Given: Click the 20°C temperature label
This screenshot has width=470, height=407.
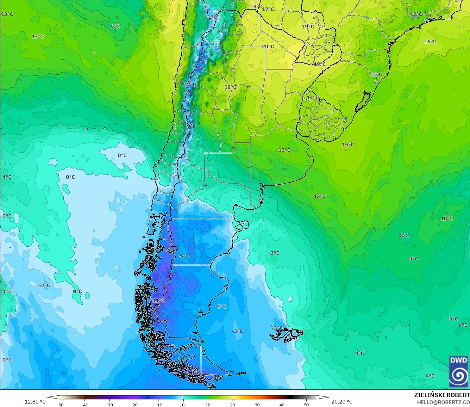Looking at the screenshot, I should (268, 46).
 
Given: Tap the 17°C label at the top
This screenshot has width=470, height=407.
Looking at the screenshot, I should (268, 9).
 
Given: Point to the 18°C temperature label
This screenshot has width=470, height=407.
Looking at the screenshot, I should (230, 87).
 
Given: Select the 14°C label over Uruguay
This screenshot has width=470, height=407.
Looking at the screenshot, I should (313, 97).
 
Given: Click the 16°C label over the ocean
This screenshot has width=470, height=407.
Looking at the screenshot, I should (430, 41).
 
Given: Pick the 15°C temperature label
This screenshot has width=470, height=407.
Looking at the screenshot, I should (348, 145).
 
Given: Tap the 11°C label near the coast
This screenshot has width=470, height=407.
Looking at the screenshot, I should (376, 74).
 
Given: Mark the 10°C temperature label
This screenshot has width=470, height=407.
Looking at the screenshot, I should (447, 219).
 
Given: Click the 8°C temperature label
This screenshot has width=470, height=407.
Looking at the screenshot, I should (404, 236).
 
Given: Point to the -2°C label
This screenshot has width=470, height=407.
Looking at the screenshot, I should (45, 285).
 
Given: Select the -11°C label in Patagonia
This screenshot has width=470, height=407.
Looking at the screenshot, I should (158, 300).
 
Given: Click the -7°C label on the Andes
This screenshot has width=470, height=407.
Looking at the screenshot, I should (191, 85).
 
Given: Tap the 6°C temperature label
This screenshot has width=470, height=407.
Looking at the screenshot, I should (463, 325).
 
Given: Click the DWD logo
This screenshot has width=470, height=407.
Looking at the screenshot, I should (459, 371).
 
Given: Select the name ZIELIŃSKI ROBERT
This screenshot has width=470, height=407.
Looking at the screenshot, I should (442, 395).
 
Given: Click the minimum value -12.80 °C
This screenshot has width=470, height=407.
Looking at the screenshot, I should (34, 402).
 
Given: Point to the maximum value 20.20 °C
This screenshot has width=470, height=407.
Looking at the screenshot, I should (342, 402).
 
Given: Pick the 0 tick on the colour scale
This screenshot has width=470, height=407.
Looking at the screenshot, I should (183, 404).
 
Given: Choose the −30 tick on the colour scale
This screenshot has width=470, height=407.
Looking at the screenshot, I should (109, 404).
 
